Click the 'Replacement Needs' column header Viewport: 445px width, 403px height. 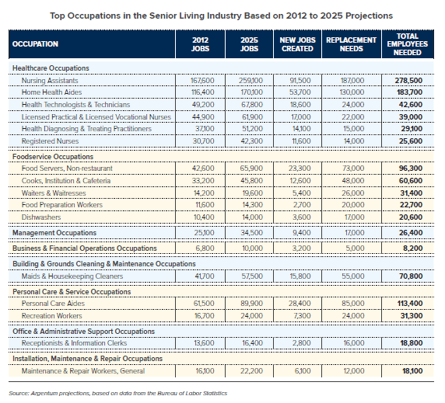point(351,44)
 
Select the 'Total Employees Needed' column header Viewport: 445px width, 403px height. point(407,44)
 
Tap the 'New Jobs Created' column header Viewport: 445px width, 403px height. point(297,44)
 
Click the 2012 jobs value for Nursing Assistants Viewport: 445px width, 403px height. point(202,81)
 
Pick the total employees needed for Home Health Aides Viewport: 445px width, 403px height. point(408,92)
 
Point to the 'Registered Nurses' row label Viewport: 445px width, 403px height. point(50,141)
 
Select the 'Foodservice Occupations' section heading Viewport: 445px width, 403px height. point(53,157)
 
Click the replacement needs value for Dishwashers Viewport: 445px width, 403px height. point(353,217)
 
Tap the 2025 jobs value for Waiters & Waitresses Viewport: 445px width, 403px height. point(252,193)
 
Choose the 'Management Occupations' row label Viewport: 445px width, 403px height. point(54,233)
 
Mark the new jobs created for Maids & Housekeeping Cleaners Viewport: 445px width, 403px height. point(300,276)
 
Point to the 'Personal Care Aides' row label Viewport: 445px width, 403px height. point(53,304)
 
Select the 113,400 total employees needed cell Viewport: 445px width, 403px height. point(410,304)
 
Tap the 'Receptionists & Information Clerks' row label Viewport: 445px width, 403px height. point(74,343)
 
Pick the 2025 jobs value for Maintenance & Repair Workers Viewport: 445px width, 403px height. point(251,371)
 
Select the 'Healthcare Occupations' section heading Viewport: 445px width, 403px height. point(51,68)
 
